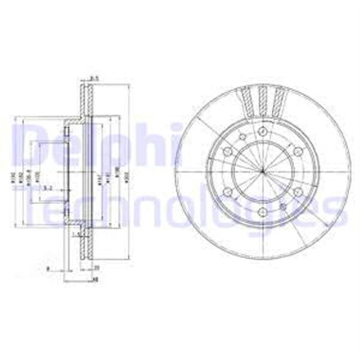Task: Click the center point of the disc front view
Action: pyautogui.click(x=262, y=172)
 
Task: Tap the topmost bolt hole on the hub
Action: pyautogui.click(x=263, y=132)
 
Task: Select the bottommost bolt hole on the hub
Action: pyautogui.click(x=263, y=213)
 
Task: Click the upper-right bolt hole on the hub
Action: pyautogui.click(x=297, y=151)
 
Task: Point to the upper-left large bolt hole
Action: pyautogui.click(x=228, y=151)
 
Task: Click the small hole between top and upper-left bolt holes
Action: pyautogui.click(x=242, y=138)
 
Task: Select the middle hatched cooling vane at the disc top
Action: pyautogui.click(x=263, y=100)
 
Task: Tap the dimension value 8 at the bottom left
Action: pyautogui.click(x=48, y=268)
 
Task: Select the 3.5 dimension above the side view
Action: pyautogui.click(x=94, y=78)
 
